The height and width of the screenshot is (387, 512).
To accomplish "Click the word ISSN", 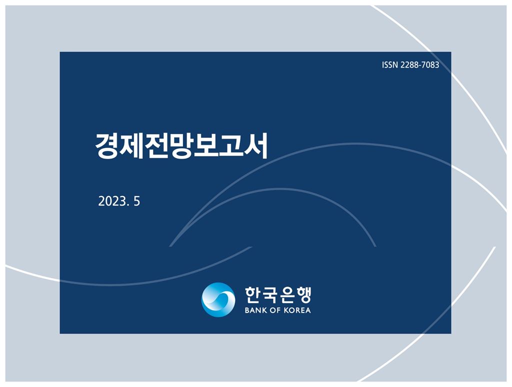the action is point(390,64).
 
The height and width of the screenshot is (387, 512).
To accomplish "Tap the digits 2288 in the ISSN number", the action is point(409,64).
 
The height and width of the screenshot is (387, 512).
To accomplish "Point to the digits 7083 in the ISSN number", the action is point(430,64).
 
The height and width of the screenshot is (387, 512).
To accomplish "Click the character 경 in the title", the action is point(107,145).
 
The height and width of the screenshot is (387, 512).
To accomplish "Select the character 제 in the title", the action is point(132,145).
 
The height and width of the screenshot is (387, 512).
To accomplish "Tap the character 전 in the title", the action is point(156,145).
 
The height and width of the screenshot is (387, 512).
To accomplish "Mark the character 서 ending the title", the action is point(256,145).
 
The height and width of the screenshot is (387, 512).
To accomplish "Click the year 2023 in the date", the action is point(112,201).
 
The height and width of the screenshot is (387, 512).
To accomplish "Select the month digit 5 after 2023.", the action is point(137,201).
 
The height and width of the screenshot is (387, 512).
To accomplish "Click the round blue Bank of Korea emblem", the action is point(218,299).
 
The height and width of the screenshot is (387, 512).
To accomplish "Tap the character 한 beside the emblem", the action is point(253,295).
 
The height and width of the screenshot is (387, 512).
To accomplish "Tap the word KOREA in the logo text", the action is point(297,310).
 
